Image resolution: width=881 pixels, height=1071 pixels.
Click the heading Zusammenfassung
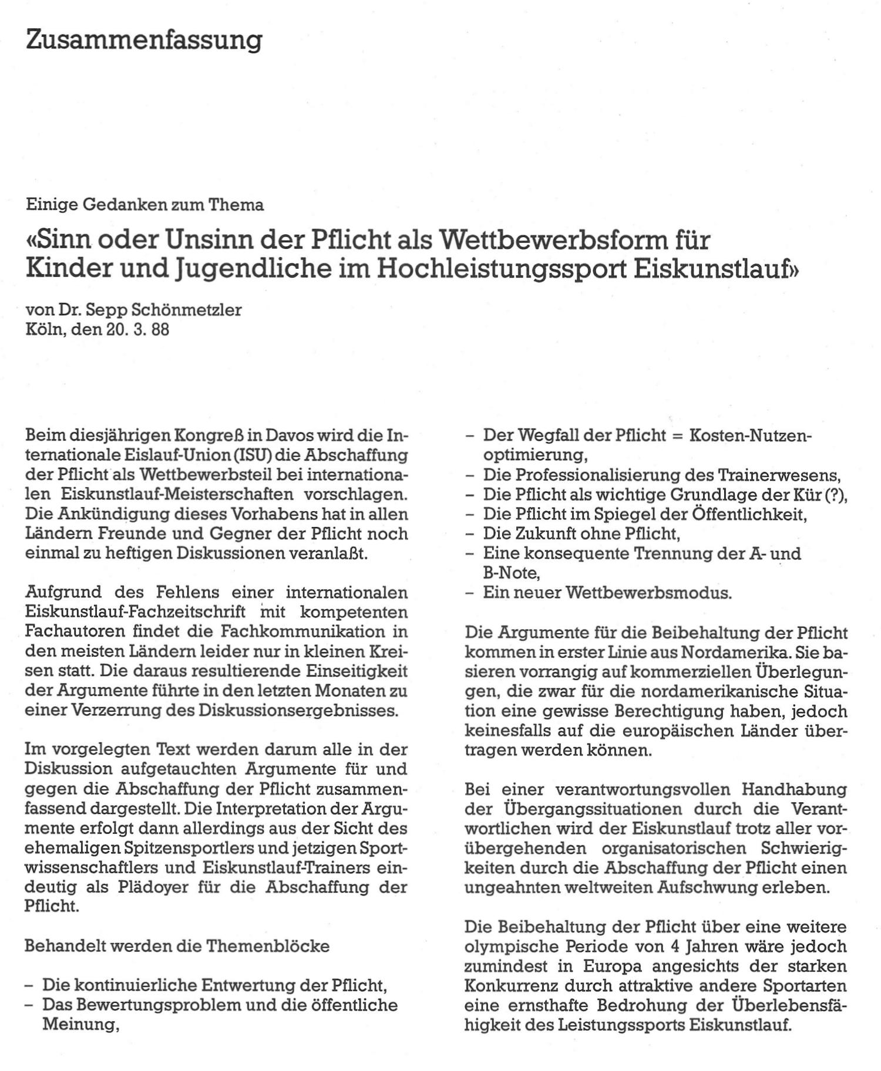pyautogui.click(x=144, y=40)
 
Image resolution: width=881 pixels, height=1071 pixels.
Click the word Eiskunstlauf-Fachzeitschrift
pyautogui.click(x=136, y=612)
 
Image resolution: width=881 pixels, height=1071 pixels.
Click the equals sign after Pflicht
pyautogui.click(x=679, y=435)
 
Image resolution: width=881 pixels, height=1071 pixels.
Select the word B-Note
pyautogui.click(x=510, y=573)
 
